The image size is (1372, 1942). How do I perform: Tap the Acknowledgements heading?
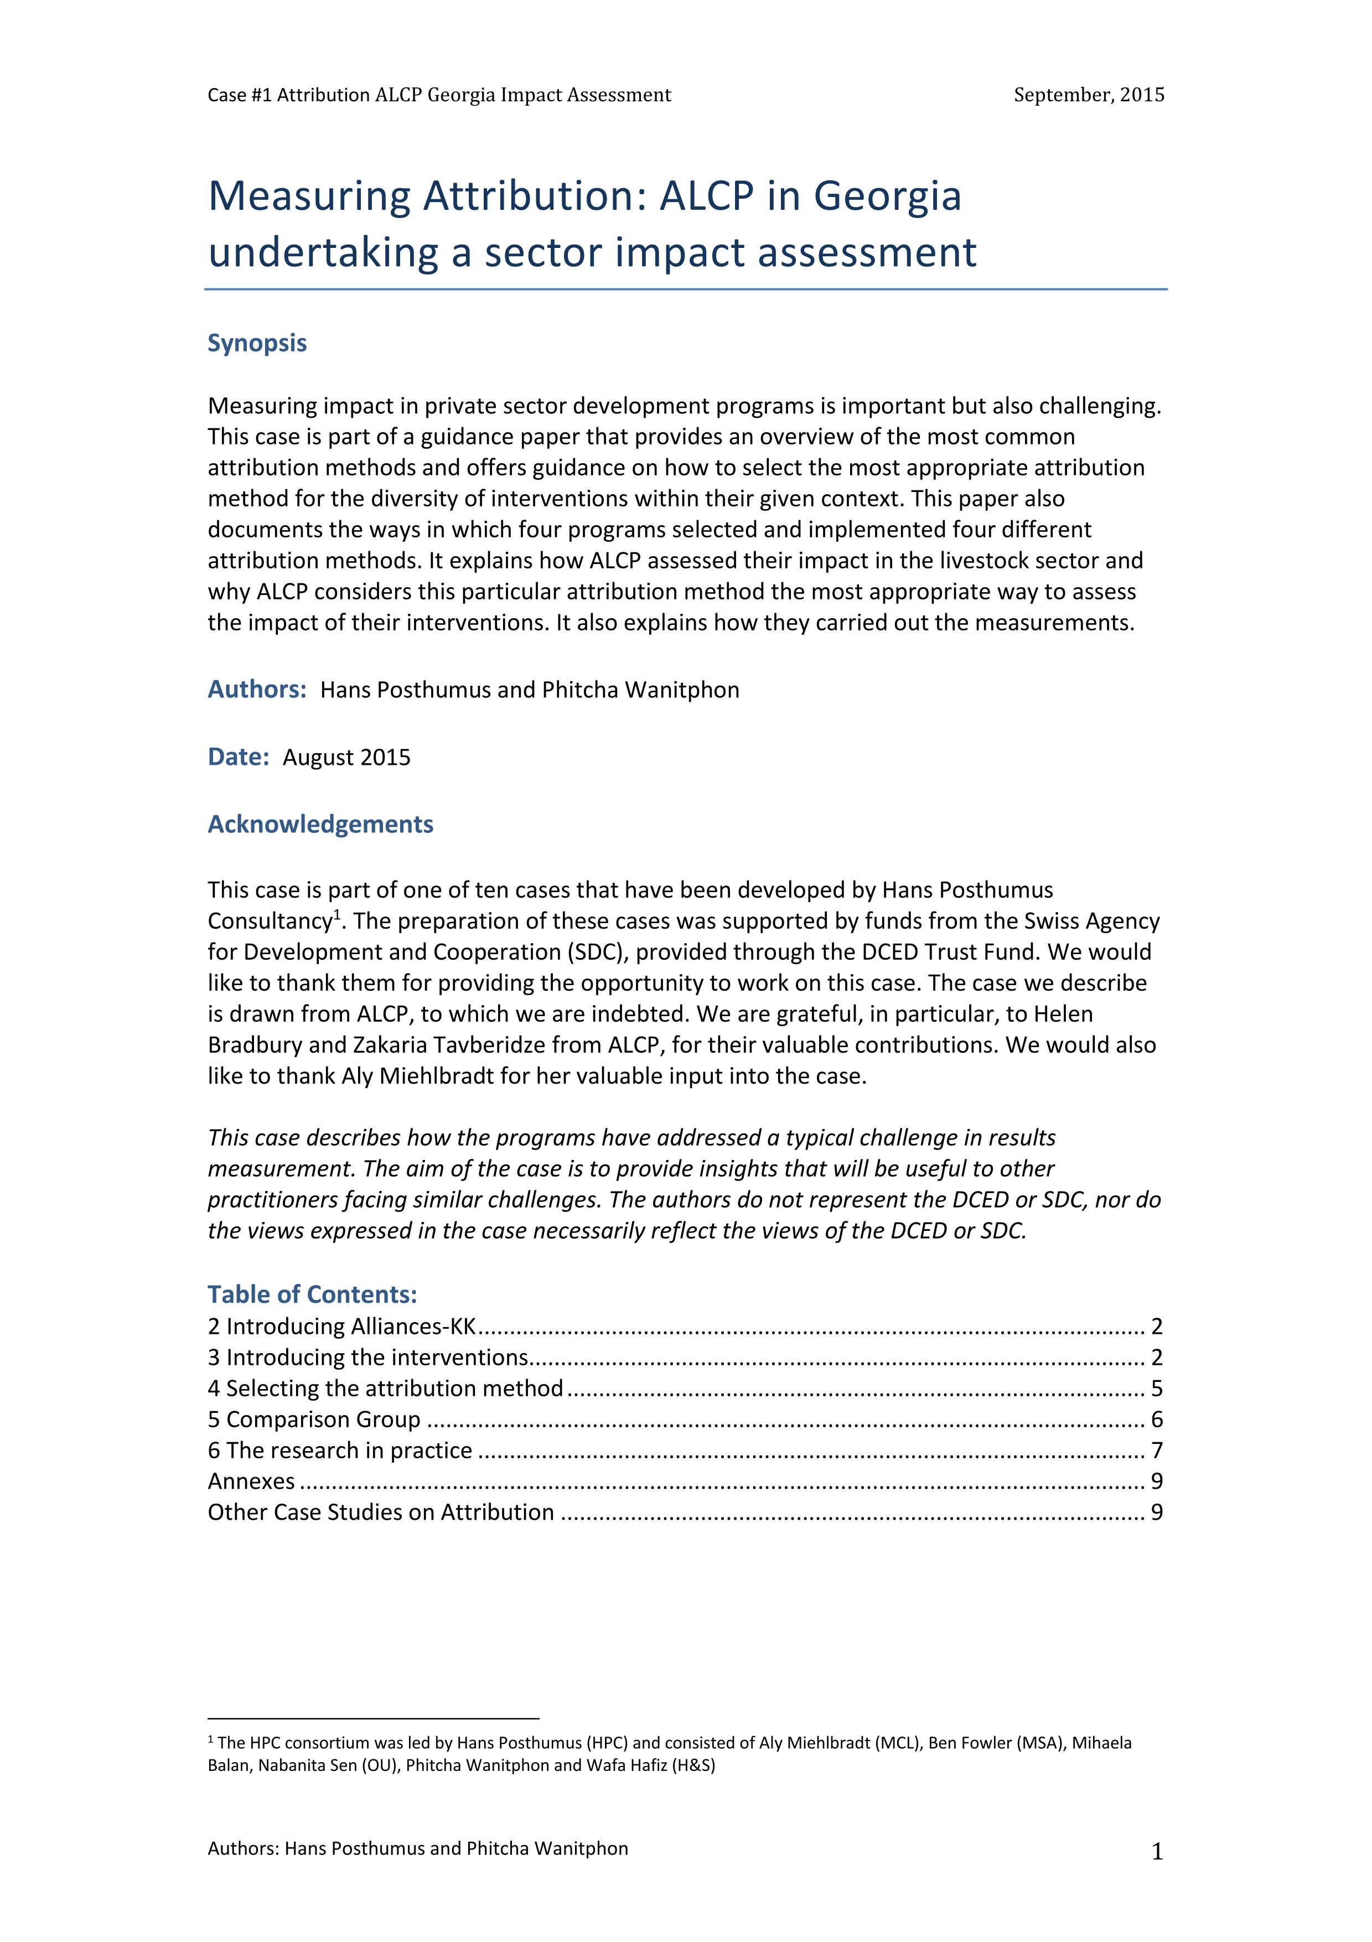pyautogui.click(x=320, y=825)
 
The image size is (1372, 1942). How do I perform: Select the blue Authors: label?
pyautogui.click(x=256, y=690)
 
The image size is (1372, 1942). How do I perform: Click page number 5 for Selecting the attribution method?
pyautogui.click(x=1156, y=1389)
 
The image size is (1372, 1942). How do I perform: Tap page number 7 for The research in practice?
pyautogui.click(x=1156, y=1451)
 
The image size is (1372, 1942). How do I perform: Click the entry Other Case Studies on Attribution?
pyautogui.click(x=381, y=1513)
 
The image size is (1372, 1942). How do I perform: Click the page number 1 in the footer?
pyautogui.click(x=1157, y=1853)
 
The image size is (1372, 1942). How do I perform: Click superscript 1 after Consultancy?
pyautogui.click(x=336, y=914)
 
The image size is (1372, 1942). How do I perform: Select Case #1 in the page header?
pyautogui.click(x=227, y=95)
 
